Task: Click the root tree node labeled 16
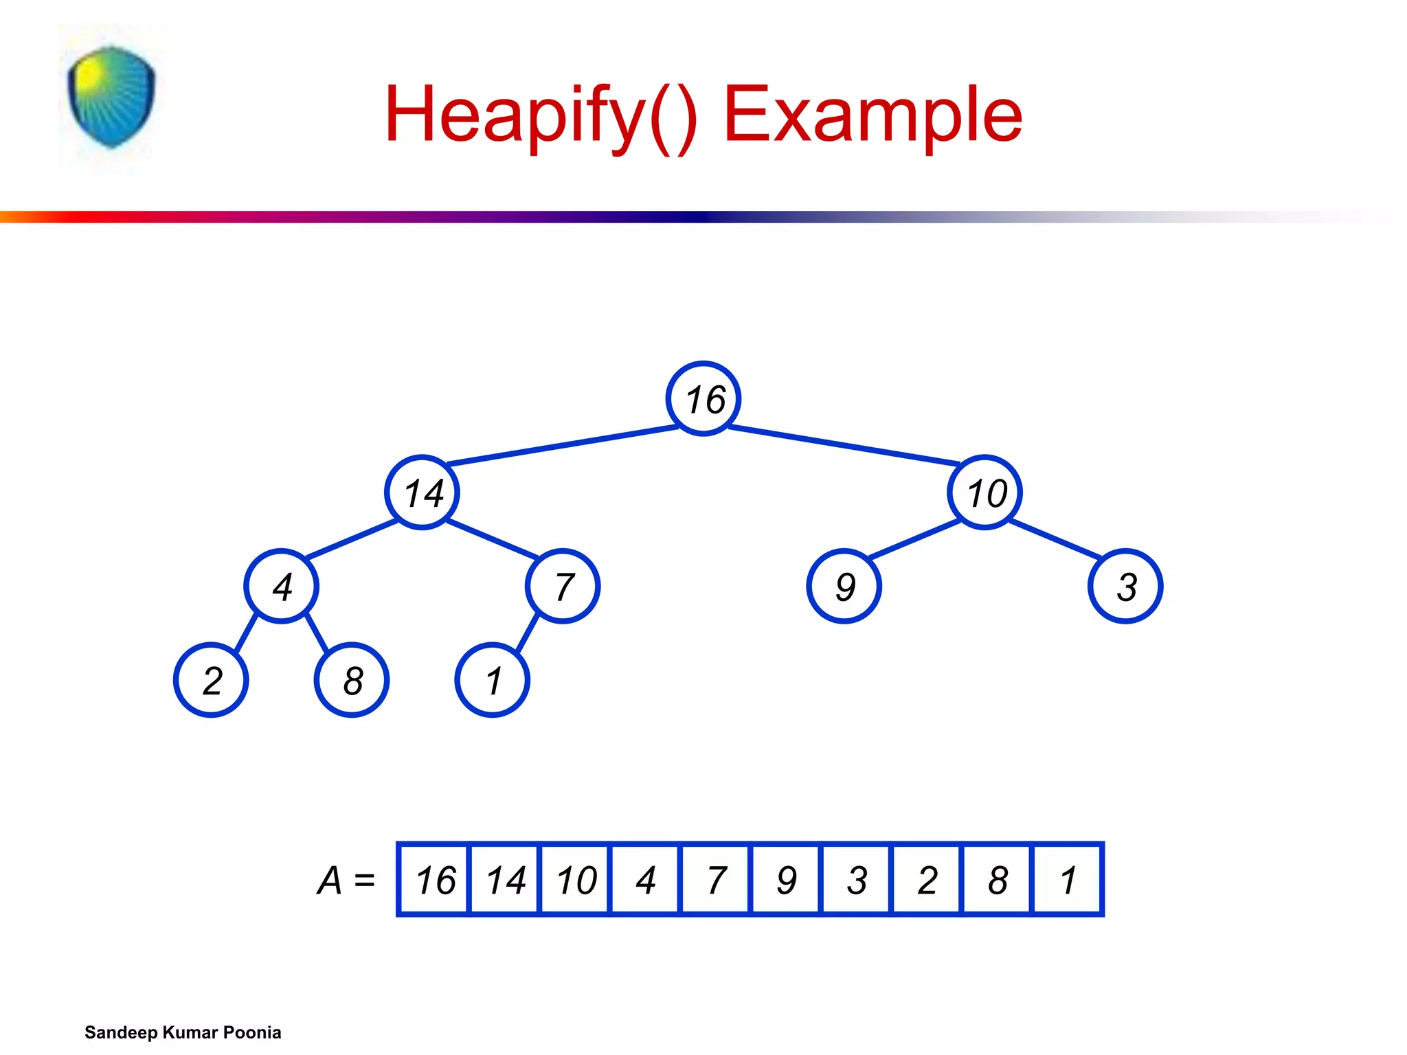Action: pos(703,398)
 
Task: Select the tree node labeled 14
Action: pos(422,492)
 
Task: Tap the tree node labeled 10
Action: pos(984,492)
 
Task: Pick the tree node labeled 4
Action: pos(281,586)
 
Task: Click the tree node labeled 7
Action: pos(563,586)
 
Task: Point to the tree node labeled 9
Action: pos(844,586)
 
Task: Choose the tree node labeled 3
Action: pos(1125,586)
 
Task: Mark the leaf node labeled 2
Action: pos(211,680)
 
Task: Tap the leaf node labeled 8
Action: pos(352,680)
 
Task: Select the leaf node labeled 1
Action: pos(492,680)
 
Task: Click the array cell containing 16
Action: pos(434,879)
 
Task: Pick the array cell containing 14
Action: pos(505,879)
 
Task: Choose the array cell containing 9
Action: pos(786,879)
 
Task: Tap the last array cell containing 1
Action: pos(1067,879)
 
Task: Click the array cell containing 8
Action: pos(997,879)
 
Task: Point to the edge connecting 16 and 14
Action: pos(563,445)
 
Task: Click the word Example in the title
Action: pos(873,114)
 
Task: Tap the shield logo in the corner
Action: pos(111,97)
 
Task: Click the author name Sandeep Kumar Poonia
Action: pos(183,1032)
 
